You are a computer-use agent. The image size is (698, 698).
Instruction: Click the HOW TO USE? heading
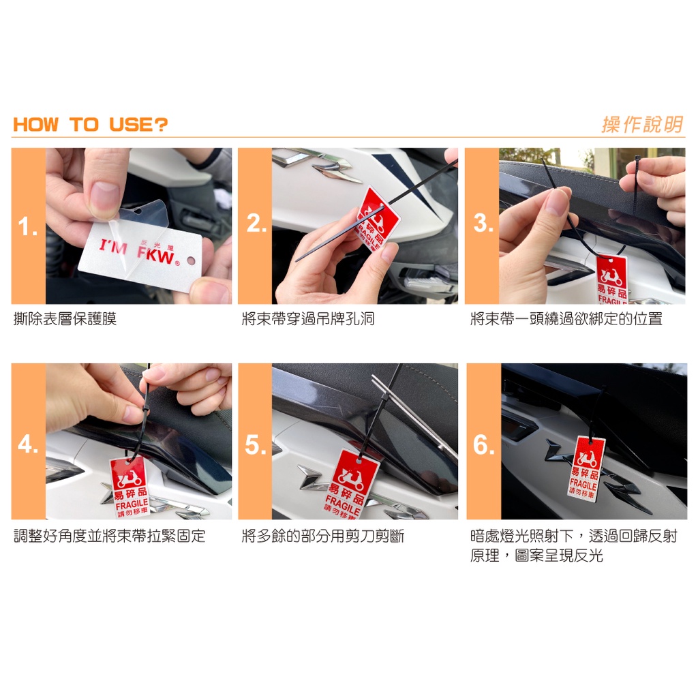pyautogui.click(x=91, y=125)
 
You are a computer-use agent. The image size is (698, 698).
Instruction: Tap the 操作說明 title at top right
pyautogui.click(x=642, y=125)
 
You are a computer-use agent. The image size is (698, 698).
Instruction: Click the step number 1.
pyautogui.click(x=27, y=226)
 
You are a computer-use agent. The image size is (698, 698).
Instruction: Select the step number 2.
pyautogui.click(x=256, y=223)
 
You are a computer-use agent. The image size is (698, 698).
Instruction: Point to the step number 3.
pyautogui.click(x=483, y=223)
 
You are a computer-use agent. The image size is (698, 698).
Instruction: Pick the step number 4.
pyautogui.click(x=27, y=444)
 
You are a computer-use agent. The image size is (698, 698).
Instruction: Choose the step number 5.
pyautogui.click(x=256, y=445)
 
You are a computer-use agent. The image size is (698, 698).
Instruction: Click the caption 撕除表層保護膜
pyautogui.click(x=65, y=319)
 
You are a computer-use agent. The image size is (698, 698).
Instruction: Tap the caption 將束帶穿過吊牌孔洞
pyautogui.click(x=308, y=319)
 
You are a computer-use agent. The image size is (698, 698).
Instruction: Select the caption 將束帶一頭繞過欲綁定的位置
pyautogui.click(x=566, y=319)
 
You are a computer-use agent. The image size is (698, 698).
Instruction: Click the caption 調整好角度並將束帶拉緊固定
pyautogui.click(x=110, y=536)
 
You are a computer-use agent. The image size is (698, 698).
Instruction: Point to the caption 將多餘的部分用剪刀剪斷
pyautogui.click(x=322, y=536)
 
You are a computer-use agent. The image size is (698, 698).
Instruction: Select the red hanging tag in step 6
pyautogui.click(x=587, y=469)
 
